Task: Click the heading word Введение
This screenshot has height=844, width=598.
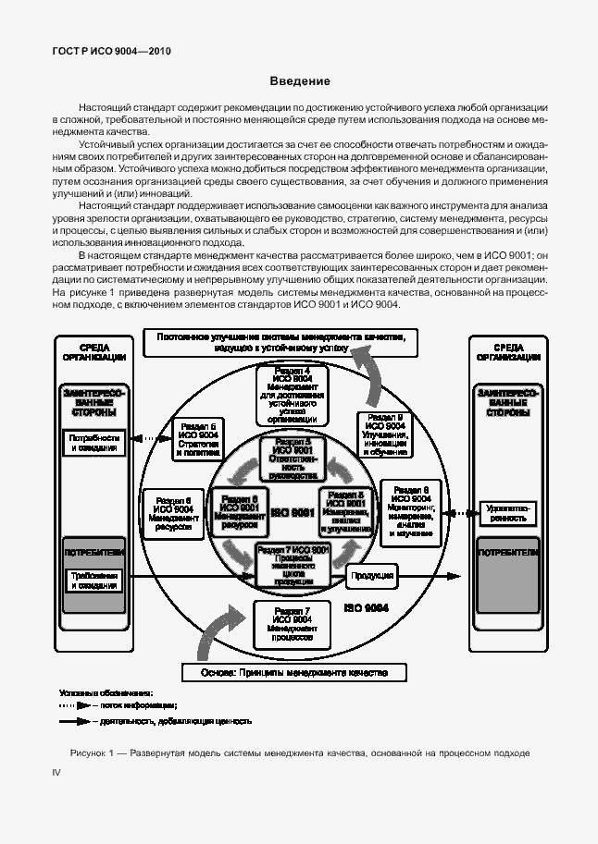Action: [x=299, y=81]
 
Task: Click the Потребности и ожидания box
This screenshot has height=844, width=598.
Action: [x=93, y=442]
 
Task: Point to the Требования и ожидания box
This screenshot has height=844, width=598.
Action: [x=93, y=581]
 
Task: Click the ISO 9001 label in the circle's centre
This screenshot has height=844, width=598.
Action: [x=294, y=512]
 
